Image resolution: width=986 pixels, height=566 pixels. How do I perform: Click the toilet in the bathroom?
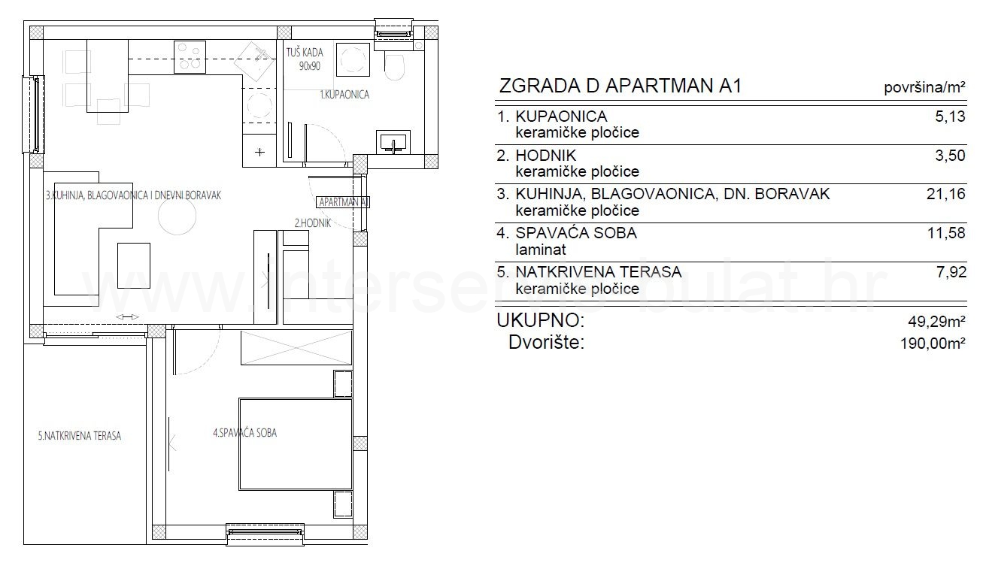coord(394,65)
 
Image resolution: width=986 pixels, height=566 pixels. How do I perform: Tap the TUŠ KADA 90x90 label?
coord(305,59)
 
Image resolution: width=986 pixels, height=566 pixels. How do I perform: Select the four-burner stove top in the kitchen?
coord(190,56)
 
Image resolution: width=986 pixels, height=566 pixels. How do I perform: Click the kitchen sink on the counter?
coord(256,61)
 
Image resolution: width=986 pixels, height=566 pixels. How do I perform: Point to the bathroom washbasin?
coord(393,141)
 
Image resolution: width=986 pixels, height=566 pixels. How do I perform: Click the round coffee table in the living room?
coord(177,216)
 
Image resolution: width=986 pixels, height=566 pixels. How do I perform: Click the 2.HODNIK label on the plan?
coord(313,223)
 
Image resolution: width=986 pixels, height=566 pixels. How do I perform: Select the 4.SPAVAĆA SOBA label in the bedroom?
coord(244,433)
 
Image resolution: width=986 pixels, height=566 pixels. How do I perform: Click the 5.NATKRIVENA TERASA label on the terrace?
coord(80,436)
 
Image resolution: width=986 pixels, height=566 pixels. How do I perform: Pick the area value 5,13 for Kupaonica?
coord(951,117)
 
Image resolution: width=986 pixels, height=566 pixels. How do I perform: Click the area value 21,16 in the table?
coord(946,194)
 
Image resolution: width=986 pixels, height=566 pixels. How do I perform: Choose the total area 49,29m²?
coord(936,321)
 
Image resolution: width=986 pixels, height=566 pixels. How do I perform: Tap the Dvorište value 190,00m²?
coord(933,343)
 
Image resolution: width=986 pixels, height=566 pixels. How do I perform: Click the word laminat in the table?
coord(541,250)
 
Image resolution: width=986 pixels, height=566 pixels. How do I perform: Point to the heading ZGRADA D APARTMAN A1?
coord(620,86)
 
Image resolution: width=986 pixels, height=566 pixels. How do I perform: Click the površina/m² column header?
coord(925,87)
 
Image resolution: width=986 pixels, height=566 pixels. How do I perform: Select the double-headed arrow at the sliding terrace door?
coord(128,317)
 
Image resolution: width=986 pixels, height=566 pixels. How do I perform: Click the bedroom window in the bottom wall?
coord(265,533)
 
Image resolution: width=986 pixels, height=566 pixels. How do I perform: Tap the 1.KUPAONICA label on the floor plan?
coord(344,95)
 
